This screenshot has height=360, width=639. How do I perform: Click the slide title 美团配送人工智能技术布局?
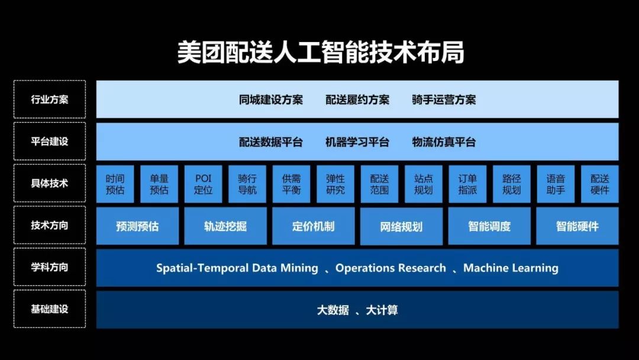(x=320, y=53)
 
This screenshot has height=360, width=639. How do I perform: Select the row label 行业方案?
(x=50, y=99)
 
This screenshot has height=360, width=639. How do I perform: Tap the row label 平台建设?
(x=50, y=142)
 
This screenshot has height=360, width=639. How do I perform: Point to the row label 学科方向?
(x=50, y=267)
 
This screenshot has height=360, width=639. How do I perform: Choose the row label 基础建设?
(x=50, y=309)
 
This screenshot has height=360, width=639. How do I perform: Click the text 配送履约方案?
(x=357, y=99)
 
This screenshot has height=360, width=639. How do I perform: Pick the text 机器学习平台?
(x=357, y=142)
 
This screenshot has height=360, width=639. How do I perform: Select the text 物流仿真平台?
(x=444, y=142)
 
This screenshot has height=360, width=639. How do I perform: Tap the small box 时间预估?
(x=115, y=184)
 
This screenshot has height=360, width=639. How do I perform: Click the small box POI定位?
(x=203, y=184)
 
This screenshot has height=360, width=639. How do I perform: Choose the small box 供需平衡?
(x=291, y=184)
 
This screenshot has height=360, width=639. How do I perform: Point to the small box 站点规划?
(x=423, y=184)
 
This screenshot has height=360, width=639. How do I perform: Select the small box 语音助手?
(x=556, y=184)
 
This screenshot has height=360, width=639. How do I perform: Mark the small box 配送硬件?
(x=599, y=184)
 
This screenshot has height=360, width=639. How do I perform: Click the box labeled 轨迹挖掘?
(x=225, y=226)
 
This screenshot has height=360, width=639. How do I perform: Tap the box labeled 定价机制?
(x=313, y=226)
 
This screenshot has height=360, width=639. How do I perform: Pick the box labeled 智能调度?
(x=489, y=226)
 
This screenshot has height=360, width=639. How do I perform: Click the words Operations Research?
(x=390, y=268)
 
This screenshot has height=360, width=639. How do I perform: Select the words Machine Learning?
(x=511, y=268)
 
